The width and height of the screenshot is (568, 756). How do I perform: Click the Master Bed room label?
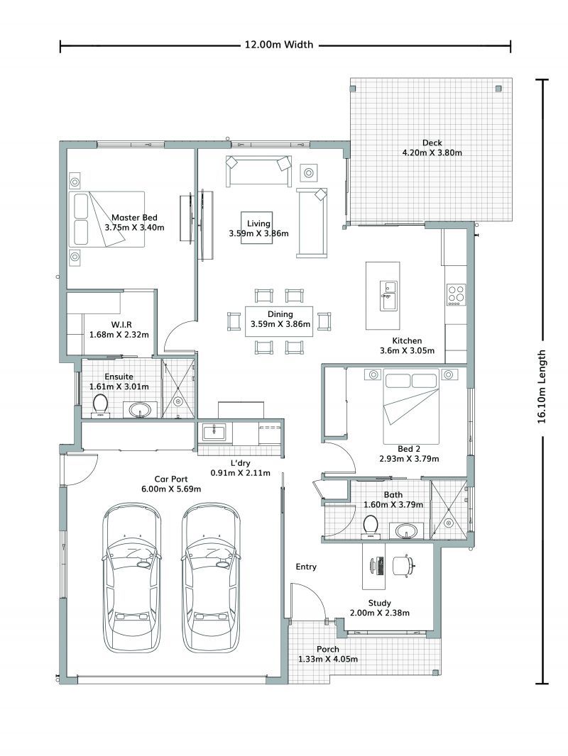click(x=134, y=218)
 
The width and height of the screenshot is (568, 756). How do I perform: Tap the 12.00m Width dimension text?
click(x=278, y=45)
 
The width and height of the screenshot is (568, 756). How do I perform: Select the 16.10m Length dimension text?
click(x=542, y=386)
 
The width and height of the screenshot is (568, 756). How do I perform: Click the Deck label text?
click(x=432, y=142)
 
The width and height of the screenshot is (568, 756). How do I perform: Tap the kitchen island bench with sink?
click(x=383, y=296)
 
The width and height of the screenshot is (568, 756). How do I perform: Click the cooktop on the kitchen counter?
click(x=455, y=294)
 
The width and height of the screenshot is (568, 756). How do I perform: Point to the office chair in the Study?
click(x=403, y=566)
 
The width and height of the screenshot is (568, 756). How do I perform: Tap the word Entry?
click(x=306, y=567)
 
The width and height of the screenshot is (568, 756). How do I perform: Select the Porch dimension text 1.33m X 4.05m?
click(x=327, y=659)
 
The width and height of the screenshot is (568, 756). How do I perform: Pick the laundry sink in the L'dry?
click(x=213, y=431)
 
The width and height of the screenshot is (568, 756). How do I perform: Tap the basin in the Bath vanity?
click(x=405, y=530)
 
